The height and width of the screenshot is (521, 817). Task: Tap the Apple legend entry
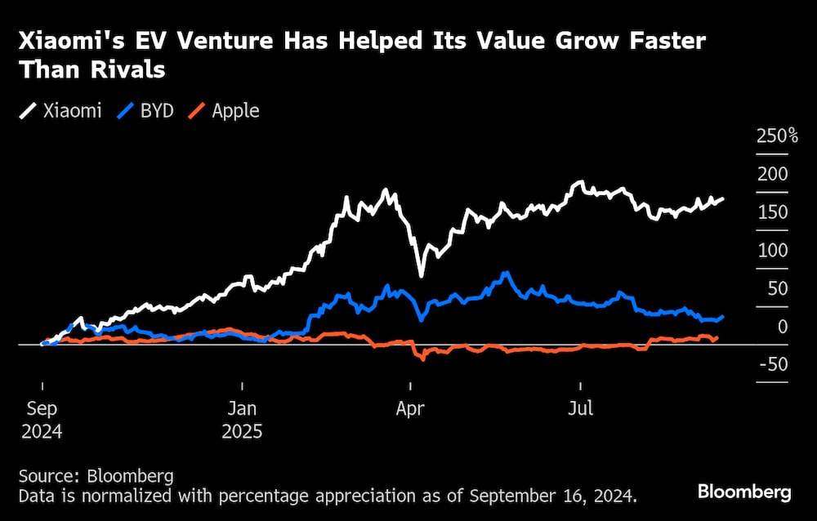tap(225, 111)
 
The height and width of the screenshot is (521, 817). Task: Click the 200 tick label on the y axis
tap(774, 174)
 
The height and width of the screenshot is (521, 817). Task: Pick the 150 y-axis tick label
tap(774, 212)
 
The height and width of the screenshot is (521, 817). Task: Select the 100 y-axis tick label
tap(774, 251)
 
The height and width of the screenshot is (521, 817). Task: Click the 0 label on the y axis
tap(782, 327)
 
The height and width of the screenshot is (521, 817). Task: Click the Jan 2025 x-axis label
tap(243, 419)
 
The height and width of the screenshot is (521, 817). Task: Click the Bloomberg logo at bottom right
tap(744, 492)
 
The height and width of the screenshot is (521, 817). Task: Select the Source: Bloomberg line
tap(96, 476)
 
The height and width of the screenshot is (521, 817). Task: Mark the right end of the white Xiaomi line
tap(723, 198)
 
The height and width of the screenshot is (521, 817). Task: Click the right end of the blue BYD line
tap(723, 316)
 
